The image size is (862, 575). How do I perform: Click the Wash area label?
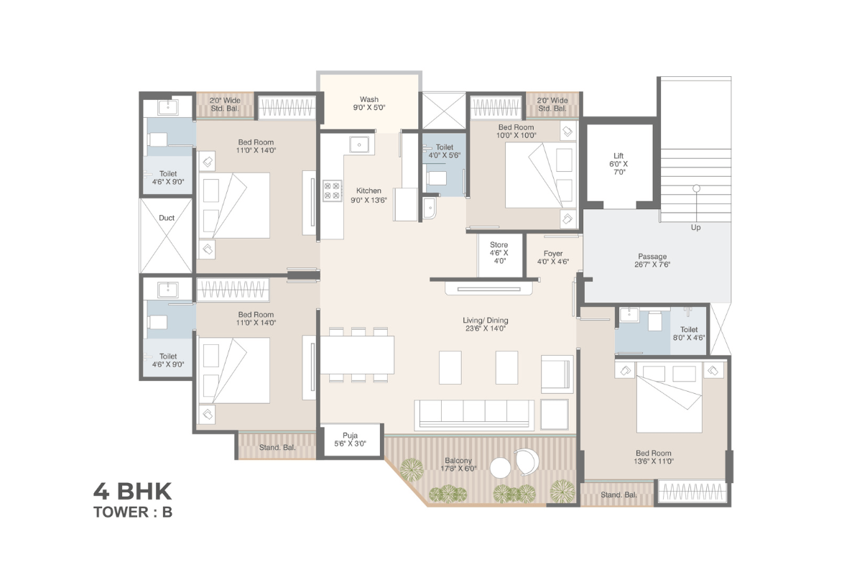[369, 99]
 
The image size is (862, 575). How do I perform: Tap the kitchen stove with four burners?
[332, 190]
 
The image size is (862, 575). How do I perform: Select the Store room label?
[499, 244]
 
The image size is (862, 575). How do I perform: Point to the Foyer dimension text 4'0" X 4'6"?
[553, 262]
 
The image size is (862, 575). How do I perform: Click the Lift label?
[618, 155]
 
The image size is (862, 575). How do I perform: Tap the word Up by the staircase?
[696, 228]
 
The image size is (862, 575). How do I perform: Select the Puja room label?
[351, 435]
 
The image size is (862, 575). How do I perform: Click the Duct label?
[167, 218]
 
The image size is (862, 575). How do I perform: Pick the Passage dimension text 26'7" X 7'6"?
[652, 264]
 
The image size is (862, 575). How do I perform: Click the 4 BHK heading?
[133, 491]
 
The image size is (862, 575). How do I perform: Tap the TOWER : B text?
[133, 512]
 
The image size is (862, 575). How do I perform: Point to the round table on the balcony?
[500, 468]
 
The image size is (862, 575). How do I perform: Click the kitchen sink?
[359, 144]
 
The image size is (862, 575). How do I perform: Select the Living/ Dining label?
[486, 321]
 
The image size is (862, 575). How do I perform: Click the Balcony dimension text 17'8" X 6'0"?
[458, 469]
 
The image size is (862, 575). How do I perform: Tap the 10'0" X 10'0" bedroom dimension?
[516, 135]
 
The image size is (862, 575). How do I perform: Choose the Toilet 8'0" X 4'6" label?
[689, 333]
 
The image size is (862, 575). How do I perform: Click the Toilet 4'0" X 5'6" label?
[445, 152]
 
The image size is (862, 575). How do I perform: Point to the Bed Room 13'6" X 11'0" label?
[654, 457]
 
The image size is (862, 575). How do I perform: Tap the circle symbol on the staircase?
[696, 188]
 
